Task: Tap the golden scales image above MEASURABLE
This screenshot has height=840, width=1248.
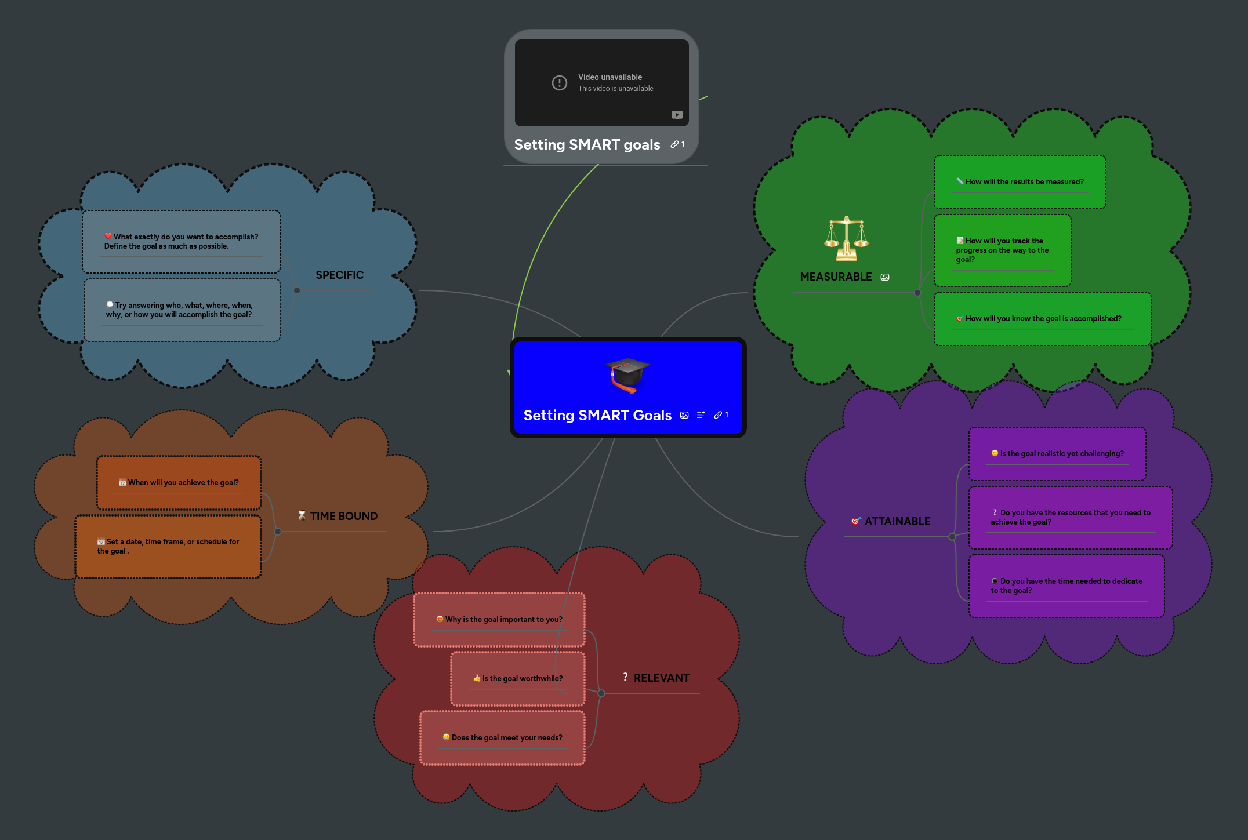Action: (846, 239)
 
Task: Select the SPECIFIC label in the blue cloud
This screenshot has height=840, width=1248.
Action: (339, 275)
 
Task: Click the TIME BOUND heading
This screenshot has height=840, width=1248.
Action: (343, 516)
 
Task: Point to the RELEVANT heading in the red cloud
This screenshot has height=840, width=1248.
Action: (661, 678)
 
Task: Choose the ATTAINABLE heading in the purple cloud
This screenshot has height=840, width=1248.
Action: (897, 521)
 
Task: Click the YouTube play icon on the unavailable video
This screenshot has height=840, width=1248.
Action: (677, 115)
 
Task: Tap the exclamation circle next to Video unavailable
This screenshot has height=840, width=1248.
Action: (559, 83)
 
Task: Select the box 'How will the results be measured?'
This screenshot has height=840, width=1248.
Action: (1020, 182)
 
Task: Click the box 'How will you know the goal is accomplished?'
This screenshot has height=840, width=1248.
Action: (1042, 319)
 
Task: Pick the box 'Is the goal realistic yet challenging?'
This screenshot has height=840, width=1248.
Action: (1057, 454)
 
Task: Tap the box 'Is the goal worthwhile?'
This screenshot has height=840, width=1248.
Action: (517, 678)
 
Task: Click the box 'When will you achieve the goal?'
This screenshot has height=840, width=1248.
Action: (179, 483)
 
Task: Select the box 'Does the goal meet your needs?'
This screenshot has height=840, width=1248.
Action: (502, 737)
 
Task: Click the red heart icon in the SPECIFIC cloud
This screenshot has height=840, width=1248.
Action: (108, 236)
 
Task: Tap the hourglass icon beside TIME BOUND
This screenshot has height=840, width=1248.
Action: (302, 515)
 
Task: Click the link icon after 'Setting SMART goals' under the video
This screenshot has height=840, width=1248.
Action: (674, 144)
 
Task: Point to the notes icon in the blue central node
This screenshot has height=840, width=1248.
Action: (701, 415)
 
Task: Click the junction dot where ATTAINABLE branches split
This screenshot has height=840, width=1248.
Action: (952, 537)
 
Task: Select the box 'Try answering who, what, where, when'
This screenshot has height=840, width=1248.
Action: (182, 310)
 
